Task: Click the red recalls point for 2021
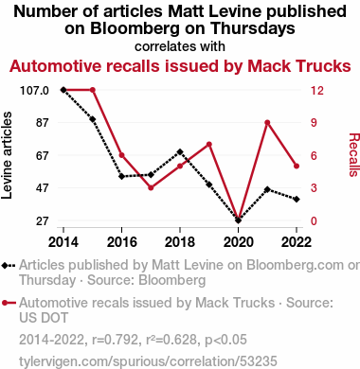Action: pos(267,122)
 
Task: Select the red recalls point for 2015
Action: pos(93,90)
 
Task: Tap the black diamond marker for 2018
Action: pos(180,152)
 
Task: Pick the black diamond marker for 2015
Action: pos(93,119)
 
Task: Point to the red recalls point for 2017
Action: pos(151,187)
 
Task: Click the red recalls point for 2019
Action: pos(209,145)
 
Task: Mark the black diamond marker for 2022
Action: pos(297,199)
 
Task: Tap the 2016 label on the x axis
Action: pos(122,242)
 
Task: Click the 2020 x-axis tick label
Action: pos(239,242)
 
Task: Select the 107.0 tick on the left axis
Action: pos(34,91)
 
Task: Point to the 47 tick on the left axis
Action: pos(42,188)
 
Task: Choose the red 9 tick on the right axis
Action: pos(314,122)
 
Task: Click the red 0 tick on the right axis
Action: pos(314,221)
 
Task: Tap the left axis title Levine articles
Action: pos(7,155)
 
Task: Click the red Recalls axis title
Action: pos(354,154)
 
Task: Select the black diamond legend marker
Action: pos(9,266)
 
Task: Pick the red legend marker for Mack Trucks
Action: pos(9,303)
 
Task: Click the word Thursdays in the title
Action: pos(253,28)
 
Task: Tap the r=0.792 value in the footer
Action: pos(115,340)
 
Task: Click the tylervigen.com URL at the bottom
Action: pos(148,361)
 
